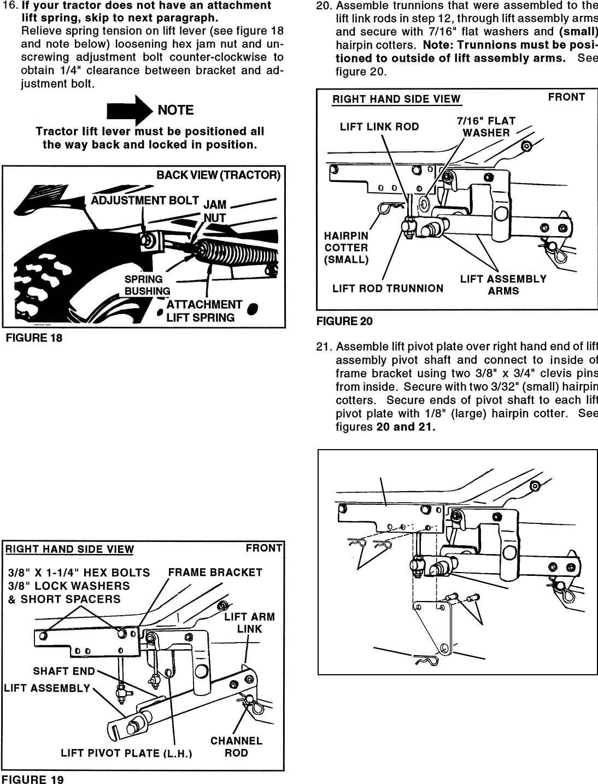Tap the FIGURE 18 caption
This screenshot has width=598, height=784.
click(x=34, y=338)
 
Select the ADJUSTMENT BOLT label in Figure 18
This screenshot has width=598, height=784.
click(x=144, y=201)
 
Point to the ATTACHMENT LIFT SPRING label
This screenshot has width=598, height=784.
click(x=203, y=311)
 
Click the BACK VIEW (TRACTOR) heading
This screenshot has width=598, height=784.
click(x=218, y=175)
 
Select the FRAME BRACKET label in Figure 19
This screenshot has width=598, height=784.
click(x=215, y=573)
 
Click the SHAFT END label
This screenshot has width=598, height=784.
click(x=64, y=671)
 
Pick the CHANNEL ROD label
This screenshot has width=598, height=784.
click(x=236, y=747)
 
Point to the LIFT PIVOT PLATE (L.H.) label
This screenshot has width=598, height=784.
click(x=126, y=754)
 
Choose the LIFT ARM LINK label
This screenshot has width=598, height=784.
click(x=250, y=623)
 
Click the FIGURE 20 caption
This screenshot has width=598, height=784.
click(x=344, y=321)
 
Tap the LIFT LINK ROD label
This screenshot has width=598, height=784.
click(x=379, y=127)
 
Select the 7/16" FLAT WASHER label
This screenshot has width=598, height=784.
click(x=486, y=127)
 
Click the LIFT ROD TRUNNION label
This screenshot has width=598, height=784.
click(x=388, y=288)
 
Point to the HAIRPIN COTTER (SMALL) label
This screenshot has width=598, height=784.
click(x=347, y=247)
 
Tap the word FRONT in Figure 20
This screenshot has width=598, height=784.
click(x=566, y=97)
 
